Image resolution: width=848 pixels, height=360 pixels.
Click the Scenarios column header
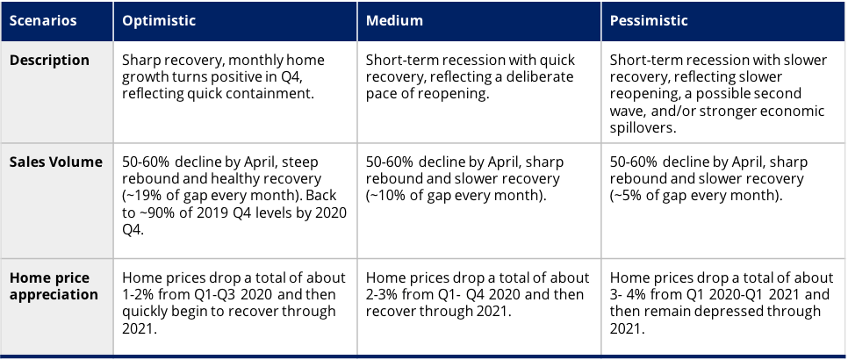[x=43, y=20]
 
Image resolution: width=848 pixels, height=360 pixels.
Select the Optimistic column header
[x=159, y=20]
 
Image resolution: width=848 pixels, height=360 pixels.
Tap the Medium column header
[x=394, y=20]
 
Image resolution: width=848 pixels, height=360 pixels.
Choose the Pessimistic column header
[x=649, y=20]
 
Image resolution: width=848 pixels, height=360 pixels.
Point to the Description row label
[x=49, y=60]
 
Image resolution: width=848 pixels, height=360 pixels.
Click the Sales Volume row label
[x=55, y=162]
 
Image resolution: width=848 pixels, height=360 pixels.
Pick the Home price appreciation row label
[x=54, y=286]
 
